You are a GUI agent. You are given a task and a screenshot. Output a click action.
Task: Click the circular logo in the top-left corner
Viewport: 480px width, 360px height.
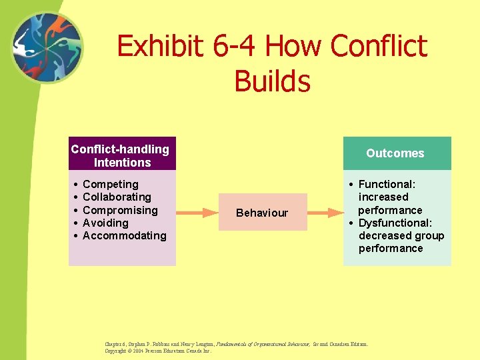pyautogui.click(x=47, y=48)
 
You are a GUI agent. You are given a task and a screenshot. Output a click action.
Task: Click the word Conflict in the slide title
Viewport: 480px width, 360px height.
pyautogui.click(x=378, y=47)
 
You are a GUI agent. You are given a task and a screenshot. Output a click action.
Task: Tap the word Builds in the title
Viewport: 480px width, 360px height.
pyautogui.click(x=272, y=81)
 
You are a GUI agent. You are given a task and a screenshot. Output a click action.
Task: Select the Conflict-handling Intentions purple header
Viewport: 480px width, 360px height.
pyautogui.click(x=122, y=155)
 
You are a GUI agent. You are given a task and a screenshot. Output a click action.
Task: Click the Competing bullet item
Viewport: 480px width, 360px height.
pyautogui.click(x=110, y=184)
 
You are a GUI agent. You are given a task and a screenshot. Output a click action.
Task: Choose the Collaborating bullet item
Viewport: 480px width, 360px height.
pyautogui.click(x=117, y=197)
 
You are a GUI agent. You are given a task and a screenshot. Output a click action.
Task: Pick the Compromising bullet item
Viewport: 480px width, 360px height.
pyautogui.click(x=120, y=210)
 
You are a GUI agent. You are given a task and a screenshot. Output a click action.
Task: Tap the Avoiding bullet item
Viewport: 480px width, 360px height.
pyautogui.click(x=105, y=223)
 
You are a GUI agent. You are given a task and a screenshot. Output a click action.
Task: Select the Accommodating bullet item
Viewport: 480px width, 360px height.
pyautogui.click(x=124, y=235)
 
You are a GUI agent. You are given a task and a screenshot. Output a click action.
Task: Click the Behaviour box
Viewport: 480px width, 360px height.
pyautogui.click(x=263, y=213)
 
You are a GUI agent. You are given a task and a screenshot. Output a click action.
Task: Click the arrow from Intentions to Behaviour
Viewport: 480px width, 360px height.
pyautogui.click(x=197, y=213)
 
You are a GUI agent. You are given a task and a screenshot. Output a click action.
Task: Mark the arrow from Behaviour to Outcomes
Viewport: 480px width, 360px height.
pyautogui.click(x=325, y=213)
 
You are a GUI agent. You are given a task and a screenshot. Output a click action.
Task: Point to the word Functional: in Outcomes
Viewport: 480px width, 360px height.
pyautogui.click(x=387, y=184)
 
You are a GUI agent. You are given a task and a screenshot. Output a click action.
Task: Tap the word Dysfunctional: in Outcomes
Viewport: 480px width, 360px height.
pyautogui.click(x=395, y=223)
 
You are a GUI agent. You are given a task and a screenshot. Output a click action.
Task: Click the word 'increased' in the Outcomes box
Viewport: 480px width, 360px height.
pyautogui.click(x=383, y=197)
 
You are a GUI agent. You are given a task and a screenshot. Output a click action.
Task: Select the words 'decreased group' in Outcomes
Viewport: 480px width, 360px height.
pyautogui.click(x=401, y=235)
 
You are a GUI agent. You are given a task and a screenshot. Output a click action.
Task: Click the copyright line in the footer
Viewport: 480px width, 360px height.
pyautogui.click(x=159, y=351)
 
